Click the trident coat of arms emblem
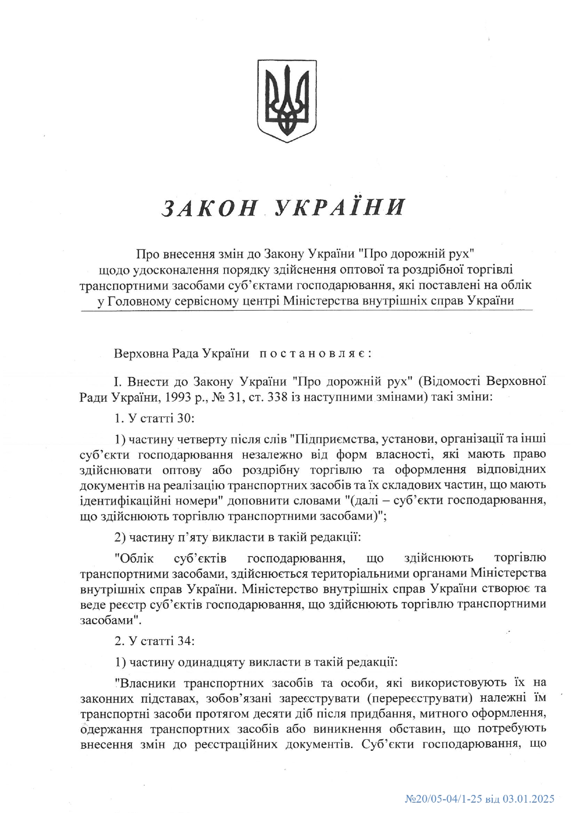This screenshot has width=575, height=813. [287, 101]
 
